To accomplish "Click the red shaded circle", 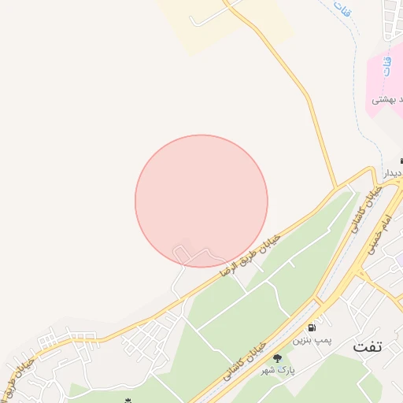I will [x=201, y=201].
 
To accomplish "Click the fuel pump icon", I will [x=314, y=327].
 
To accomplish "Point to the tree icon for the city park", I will [x=277, y=359].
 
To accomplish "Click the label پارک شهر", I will [x=277, y=370].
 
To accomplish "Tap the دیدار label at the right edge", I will [x=392, y=172].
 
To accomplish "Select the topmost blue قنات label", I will [x=342, y=9].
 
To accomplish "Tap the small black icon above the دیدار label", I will [x=401, y=161].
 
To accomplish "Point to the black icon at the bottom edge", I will [x=128, y=400].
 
